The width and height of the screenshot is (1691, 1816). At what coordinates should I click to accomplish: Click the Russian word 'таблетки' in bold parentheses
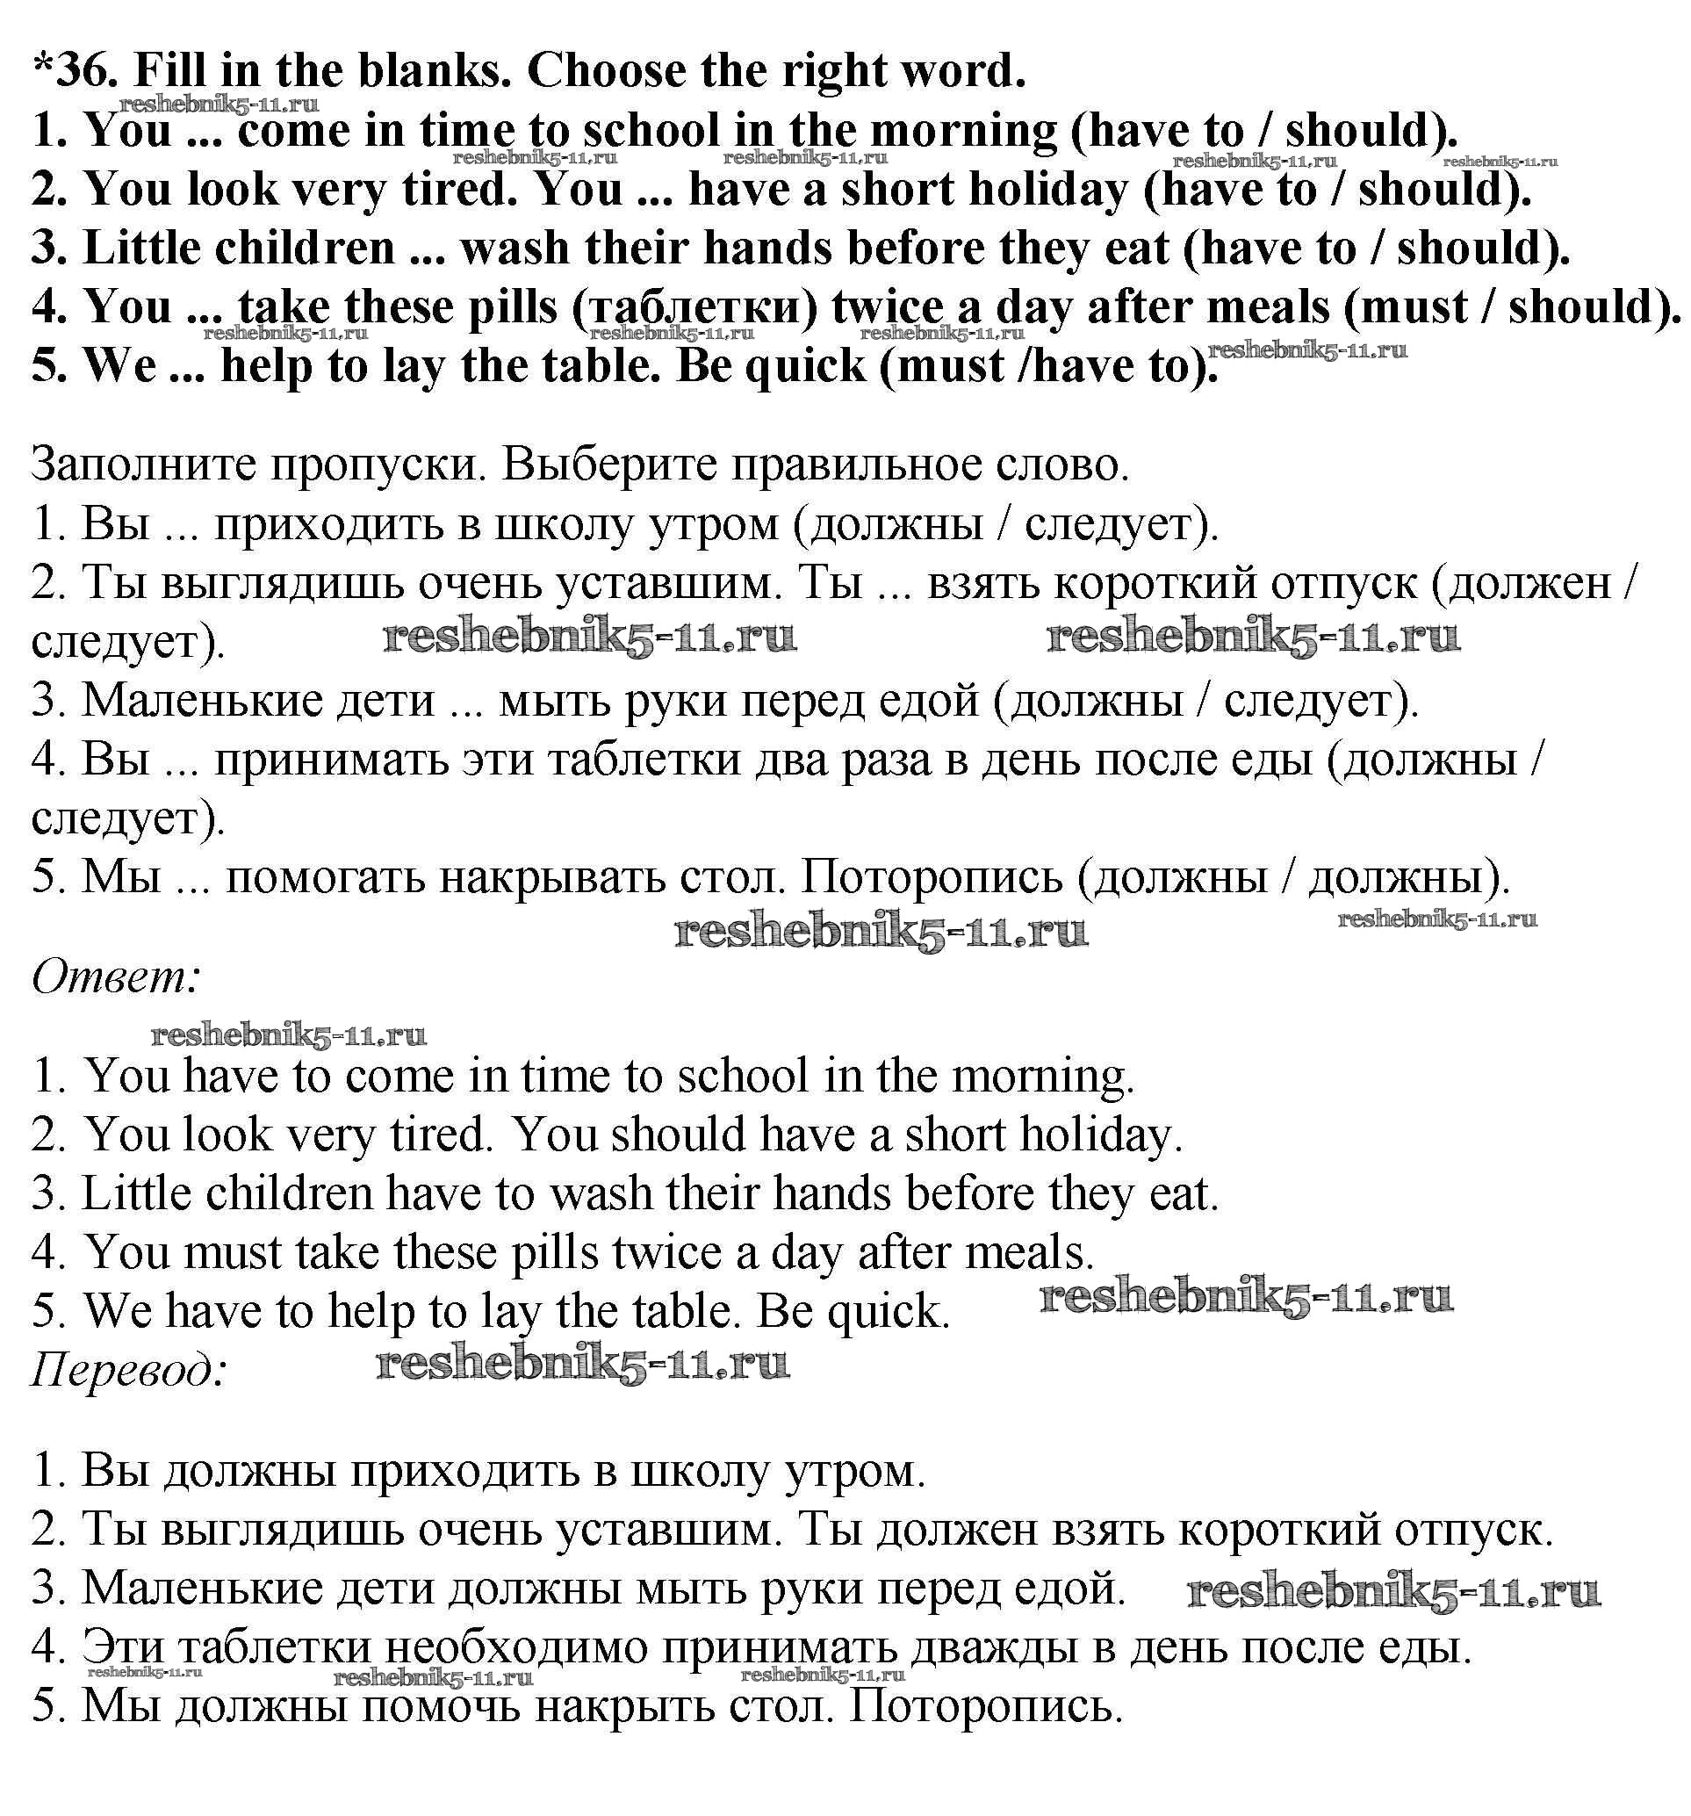tap(695, 307)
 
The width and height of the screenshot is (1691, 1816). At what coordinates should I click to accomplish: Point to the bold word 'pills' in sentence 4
tap(513, 307)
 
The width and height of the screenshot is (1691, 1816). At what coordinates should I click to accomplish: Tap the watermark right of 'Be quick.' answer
tap(1245, 1298)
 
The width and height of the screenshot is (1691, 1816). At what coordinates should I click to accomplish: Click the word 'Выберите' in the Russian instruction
tap(607, 466)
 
